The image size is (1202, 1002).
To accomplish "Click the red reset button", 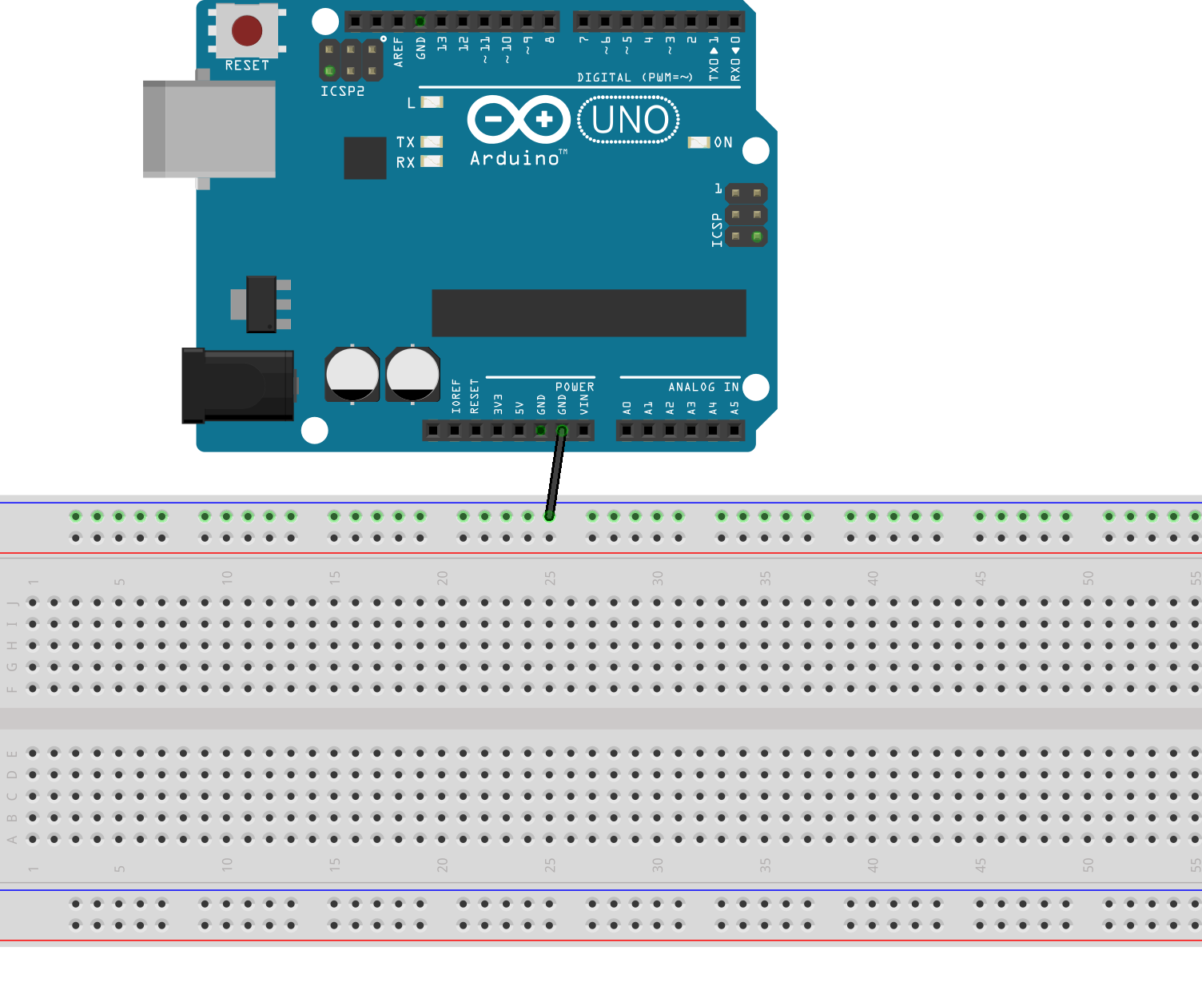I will point(247,31).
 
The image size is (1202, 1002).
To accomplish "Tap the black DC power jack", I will point(237,385).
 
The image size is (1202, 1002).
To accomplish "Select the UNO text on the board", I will point(630,121).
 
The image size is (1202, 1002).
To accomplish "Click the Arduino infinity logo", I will point(519,120).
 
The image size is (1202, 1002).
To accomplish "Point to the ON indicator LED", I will point(699,142).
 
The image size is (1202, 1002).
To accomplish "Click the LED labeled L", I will point(432,102).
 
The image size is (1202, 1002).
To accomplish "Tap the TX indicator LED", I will point(432,141).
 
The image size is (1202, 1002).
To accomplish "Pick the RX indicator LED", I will point(432,161).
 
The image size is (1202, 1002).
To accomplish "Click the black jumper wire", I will point(555,475).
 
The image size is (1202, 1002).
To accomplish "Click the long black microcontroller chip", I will point(588,312).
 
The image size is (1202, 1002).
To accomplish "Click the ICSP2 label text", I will point(342,91).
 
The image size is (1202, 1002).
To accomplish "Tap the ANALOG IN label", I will point(703,387).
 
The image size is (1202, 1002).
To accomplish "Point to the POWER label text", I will point(575,387).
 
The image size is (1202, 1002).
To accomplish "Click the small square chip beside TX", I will point(365,157).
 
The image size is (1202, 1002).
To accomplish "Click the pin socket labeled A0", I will point(627,431).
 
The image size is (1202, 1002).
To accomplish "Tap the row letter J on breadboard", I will point(12,602).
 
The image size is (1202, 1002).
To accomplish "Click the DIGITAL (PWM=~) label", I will point(635,78).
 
